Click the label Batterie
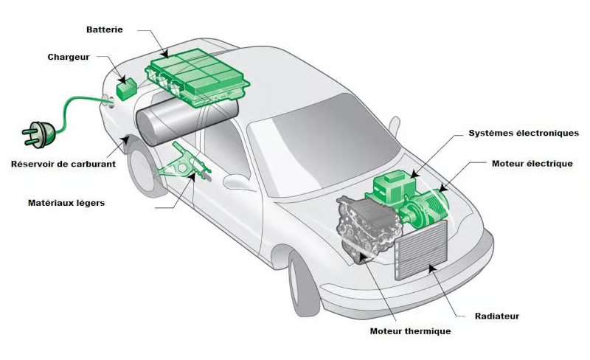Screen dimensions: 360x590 tap(104, 30)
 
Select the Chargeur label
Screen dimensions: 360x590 tap(69, 57)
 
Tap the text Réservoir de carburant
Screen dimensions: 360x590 tap(63, 164)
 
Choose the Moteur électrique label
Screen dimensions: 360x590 tap(532, 163)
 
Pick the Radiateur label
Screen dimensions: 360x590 tap(496, 316)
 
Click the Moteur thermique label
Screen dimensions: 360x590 tap(410, 331)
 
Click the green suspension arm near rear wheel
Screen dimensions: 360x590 tap(184, 166)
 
